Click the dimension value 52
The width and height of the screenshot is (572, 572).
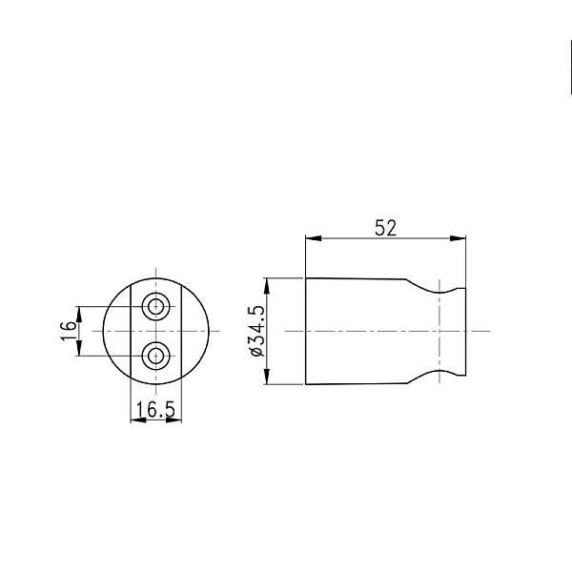pos(385,228)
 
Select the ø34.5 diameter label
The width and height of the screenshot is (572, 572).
pos(255,332)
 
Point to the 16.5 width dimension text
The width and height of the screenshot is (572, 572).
pos(155,409)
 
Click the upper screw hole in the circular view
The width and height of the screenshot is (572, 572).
pos(155,307)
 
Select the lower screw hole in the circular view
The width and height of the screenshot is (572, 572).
pos(155,357)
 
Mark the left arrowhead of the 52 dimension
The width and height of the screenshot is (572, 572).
pos(311,239)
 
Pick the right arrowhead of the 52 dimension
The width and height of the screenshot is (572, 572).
pos(460,239)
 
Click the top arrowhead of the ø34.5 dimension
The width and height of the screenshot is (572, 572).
pos(270,283)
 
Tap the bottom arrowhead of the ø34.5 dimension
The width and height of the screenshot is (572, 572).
pos(270,379)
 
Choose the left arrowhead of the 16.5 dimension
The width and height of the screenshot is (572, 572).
pos(134,420)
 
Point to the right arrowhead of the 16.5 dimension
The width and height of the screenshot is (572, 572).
pos(175,420)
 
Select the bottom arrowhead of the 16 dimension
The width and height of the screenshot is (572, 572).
pos(81,352)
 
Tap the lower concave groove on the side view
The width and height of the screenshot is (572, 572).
pos(443,372)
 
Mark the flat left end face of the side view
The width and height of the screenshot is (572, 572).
pos(305,332)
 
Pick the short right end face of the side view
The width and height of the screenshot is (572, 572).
pos(466,332)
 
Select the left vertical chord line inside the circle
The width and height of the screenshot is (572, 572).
pos(131,332)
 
